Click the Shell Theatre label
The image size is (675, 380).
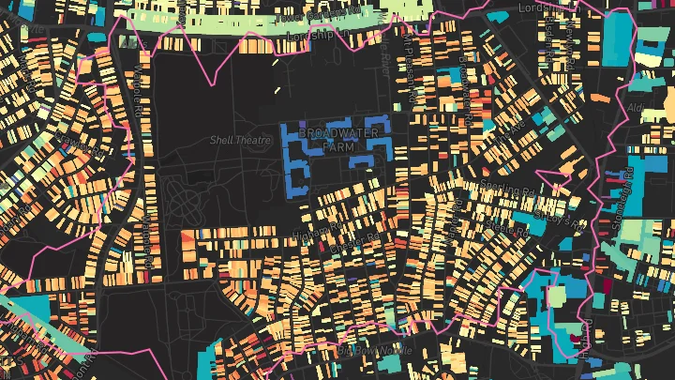tap(233, 140)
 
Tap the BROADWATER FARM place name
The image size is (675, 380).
tap(339, 140)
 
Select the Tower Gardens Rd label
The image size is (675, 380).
tap(319, 14)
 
